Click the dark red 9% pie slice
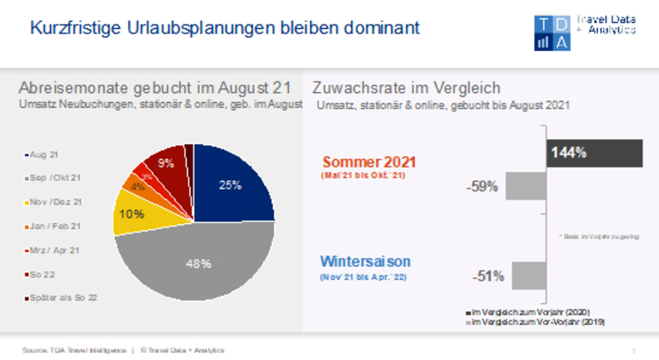[x=166, y=164]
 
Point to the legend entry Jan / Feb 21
[x=54, y=226]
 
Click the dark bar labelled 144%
[x=594, y=153]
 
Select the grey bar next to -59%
[x=526, y=186]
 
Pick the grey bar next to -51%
[x=529, y=276]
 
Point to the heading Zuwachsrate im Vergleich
[x=406, y=88]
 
